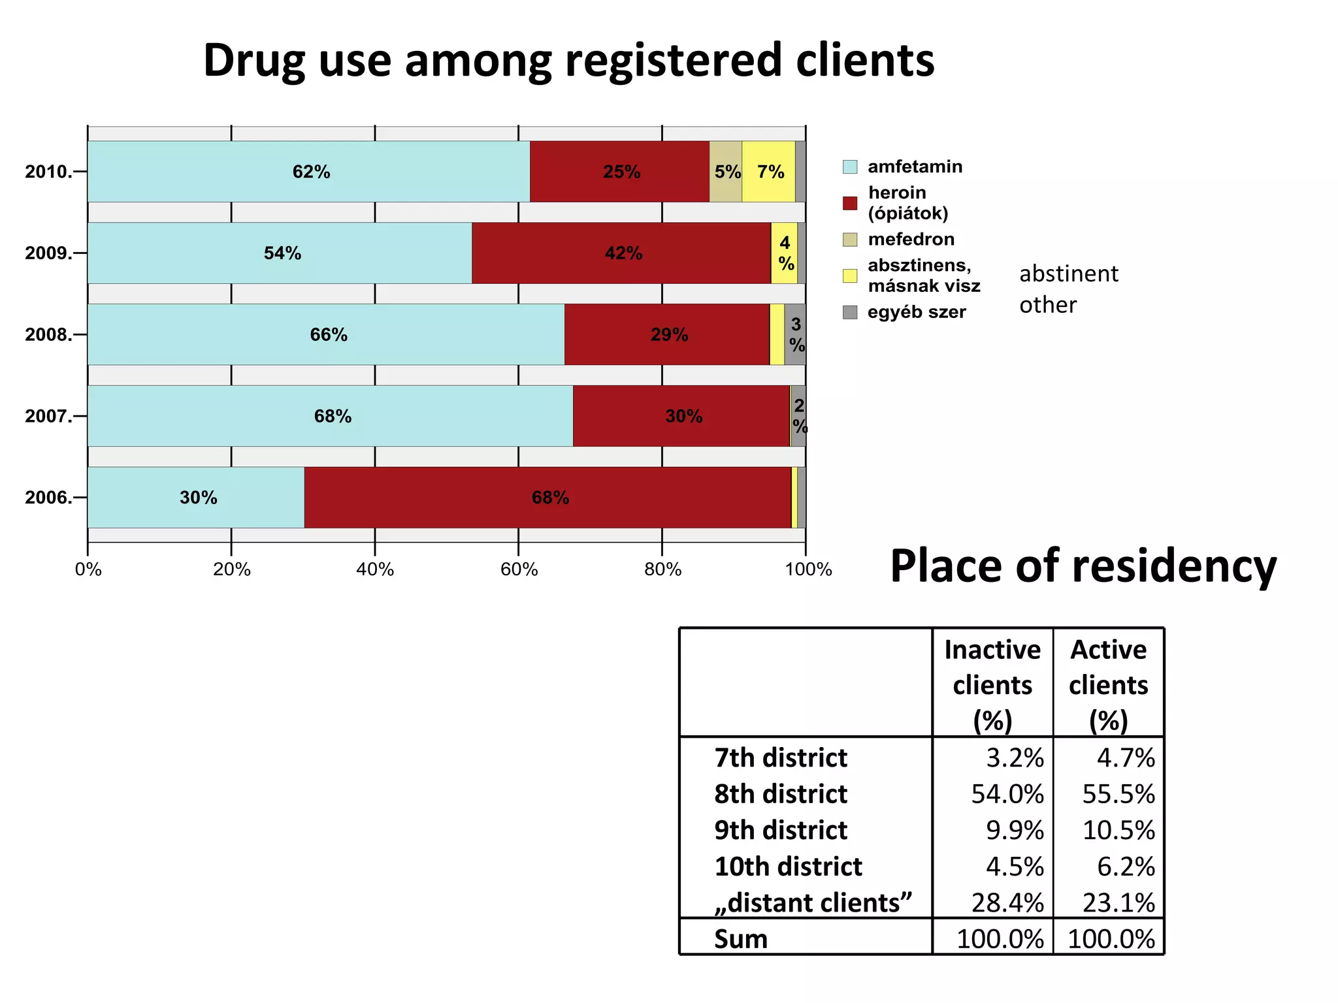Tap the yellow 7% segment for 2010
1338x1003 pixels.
click(x=769, y=172)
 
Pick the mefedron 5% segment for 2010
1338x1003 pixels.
click(x=725, y=172)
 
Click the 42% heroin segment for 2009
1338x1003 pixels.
click(x=621, y=253)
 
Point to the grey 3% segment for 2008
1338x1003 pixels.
click(x=795, y=334)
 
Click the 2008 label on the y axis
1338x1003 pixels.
click(x=48, y=335)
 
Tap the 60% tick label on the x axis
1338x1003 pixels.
click(x=519, y=570)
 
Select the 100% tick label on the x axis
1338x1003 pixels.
click(x=808, y=570)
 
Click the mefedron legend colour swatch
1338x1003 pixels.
click(x=850, y=240)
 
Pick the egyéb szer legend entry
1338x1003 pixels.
click(x=916, y=312)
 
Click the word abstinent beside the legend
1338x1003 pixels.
click(x=1069, y=274)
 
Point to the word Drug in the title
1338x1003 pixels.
click(x=255, y=60)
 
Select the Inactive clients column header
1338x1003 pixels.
click(x=992, y=684)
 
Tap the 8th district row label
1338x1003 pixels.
click(x=780, y=794)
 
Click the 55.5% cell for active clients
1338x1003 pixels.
click(x=1118, y=794)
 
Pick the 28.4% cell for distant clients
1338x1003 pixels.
click(x=1007, y=902)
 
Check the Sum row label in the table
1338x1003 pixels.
click(x=740, y=939)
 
